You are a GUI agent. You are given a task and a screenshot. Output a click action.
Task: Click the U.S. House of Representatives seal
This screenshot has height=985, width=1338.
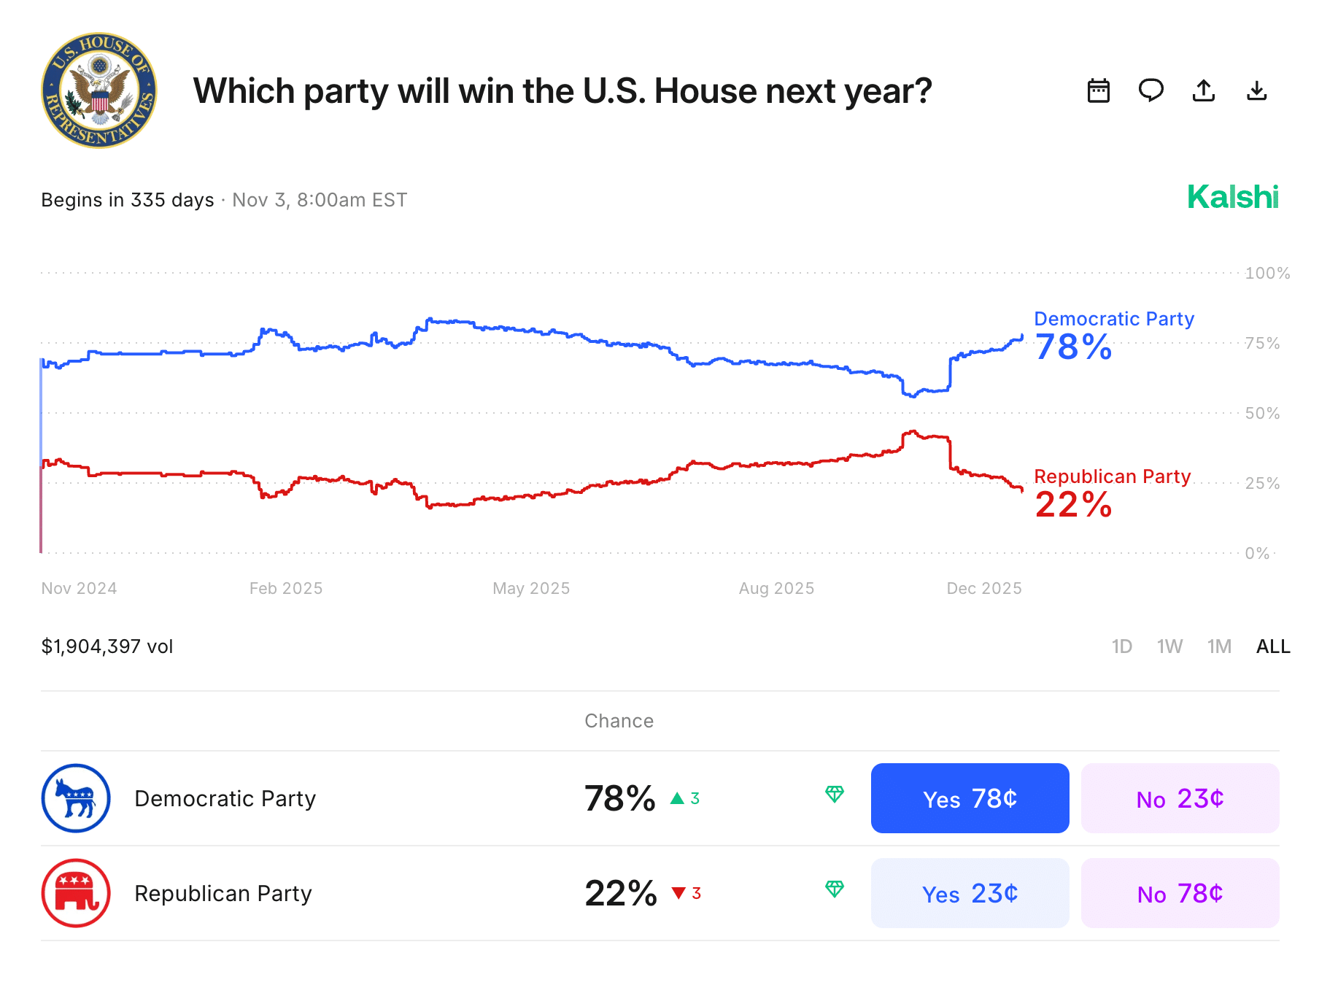coord(98,90)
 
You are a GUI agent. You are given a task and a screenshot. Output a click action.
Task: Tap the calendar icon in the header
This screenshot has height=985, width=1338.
coord(1098,90)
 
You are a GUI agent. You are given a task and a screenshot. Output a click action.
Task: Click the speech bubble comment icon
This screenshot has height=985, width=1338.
coord(1151,90)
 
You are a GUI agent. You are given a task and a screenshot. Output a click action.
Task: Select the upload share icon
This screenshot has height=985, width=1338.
coord(1203,90)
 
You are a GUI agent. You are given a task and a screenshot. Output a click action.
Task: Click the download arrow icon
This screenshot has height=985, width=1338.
coord(1256,90)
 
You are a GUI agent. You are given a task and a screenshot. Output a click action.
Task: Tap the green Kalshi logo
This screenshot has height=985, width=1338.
coord(1232,197)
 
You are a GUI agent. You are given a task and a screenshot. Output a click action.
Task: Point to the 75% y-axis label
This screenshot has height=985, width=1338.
coord(1262,343)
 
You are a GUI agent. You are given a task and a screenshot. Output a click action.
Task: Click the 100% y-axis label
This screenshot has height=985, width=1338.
coord(1267,273)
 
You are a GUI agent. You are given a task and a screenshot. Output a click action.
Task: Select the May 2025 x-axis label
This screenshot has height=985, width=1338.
coord(531,588)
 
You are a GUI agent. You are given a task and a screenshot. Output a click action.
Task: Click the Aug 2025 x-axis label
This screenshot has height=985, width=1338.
coord(776,588)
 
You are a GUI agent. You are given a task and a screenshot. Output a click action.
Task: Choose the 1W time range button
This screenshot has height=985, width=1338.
coord(1169,646)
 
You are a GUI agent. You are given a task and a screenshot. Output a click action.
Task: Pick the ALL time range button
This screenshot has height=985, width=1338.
coord(1273,646)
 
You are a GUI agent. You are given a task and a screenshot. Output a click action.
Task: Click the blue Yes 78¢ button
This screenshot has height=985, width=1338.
coord(970,798)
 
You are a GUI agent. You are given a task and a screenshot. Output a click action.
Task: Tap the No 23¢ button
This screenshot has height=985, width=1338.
coord(1180,798)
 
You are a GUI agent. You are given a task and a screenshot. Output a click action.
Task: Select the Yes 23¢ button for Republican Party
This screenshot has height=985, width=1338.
coord(970,893)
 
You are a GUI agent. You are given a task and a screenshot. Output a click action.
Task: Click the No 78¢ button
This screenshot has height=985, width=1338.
coord(1180,893)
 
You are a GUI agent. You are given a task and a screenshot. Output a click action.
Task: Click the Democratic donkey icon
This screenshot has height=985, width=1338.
coord(76,798)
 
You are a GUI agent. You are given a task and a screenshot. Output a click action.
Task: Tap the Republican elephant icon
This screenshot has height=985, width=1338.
coord(76,893)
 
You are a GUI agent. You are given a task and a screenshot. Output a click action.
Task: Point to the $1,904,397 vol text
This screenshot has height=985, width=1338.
coord(107,646)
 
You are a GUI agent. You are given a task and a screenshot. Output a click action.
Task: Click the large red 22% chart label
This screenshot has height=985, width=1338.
coord(1073,505)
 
